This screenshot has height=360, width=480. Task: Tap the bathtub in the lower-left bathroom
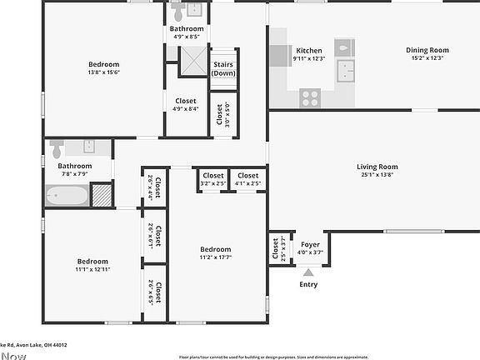(67, 196)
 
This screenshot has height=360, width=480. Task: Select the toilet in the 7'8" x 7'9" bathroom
(57, 148)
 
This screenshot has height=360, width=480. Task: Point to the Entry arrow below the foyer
(308, 271)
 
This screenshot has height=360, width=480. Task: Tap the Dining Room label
(427, 50)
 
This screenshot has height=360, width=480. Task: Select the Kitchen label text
(309, 50)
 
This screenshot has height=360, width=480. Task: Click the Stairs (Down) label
(223, 68)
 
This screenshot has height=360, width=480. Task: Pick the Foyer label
(310, 244)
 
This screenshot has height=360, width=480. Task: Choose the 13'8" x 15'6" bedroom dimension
(104, 73)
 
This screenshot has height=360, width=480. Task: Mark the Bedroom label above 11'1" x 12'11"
(92, 261)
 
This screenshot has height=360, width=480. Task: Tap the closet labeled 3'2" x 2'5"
(213, 179)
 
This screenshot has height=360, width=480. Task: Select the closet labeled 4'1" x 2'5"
(248, 179)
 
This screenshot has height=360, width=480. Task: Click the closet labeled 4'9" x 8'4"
(186, 104)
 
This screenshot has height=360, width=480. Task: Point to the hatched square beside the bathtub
(102, 196)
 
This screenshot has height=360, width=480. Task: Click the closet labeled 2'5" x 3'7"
(276, 248)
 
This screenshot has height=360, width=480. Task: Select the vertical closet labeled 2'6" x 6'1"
(154, 237)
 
